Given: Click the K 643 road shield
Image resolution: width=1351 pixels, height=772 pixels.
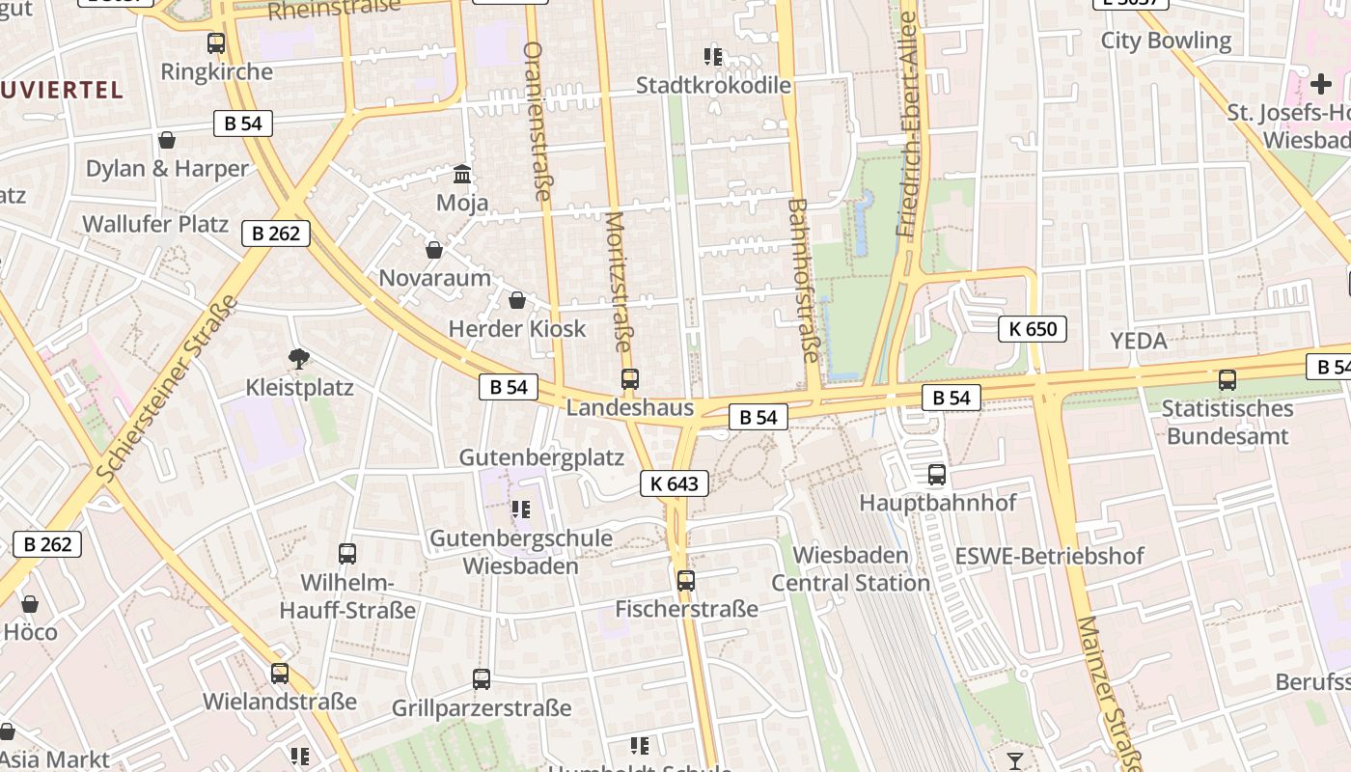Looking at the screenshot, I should (674, 483).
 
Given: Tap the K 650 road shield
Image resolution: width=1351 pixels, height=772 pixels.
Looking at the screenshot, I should (1033, 329).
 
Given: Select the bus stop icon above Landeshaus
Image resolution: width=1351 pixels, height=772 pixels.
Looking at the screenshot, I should (630, 379).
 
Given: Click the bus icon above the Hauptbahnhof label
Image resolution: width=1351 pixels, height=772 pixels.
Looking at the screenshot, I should (936, 475).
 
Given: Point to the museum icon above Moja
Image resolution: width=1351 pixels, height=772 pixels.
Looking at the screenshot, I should (462, 175).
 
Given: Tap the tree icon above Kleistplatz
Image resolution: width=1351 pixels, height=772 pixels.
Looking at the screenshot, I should (299, 359).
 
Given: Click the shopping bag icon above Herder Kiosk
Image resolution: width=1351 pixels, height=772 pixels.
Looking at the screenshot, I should (517, 300).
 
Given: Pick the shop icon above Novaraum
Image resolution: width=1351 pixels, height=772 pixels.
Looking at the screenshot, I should (434, 250).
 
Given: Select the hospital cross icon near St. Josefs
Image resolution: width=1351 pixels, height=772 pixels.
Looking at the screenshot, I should (1320, 85).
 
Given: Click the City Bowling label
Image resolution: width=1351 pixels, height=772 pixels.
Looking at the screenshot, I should (1166, 41).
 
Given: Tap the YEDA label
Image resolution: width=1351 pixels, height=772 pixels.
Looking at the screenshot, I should (1139, 341).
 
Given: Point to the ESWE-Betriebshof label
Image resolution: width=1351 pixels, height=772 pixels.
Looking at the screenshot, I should (1049, 556).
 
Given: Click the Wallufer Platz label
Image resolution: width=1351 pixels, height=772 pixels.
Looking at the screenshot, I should (155, 224).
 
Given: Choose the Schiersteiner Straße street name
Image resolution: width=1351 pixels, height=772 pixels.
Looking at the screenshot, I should (168, 388).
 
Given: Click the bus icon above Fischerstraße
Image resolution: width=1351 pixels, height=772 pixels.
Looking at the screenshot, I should (685, 581).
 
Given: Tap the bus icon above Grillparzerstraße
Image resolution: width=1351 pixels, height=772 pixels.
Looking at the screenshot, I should (482, 679).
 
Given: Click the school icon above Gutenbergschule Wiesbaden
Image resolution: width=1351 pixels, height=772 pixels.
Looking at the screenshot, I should (521, 509).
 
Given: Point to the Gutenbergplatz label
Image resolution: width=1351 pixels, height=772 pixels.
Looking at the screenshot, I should (541, 457).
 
